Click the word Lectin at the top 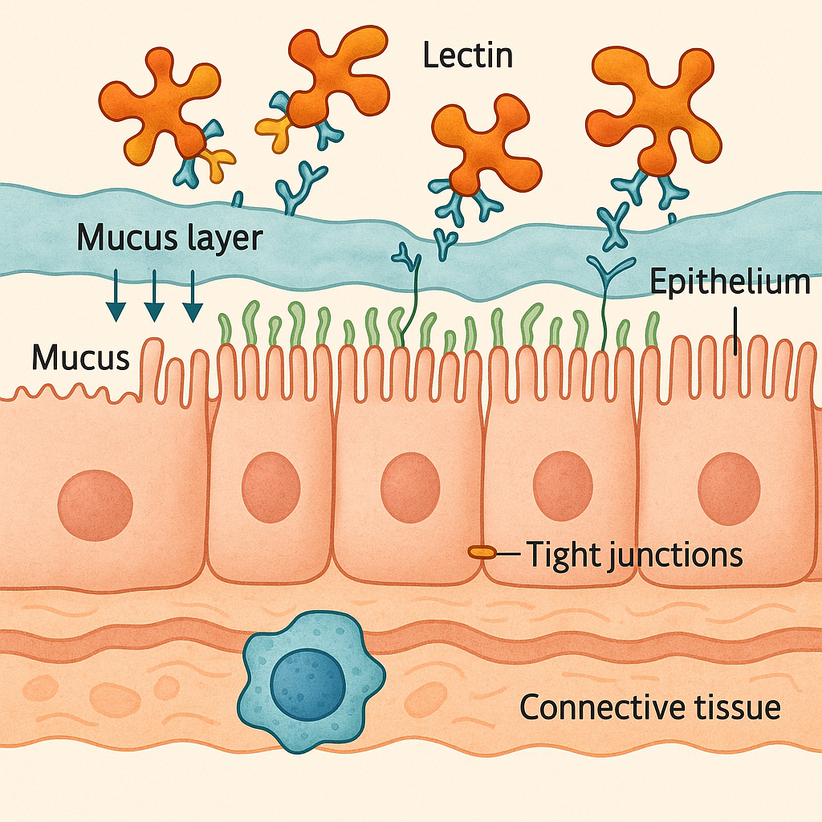click(x=467, y=56)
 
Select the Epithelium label click(x=729, y=283)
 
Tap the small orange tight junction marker click(x=482, y=552)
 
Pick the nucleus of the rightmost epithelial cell click(x=729, y=488)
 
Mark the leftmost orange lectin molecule click(x=161, y=104)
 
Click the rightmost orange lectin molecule click(x=654, y=108)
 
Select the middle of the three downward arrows click(x=154, y=297)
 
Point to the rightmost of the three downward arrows click(x=191, y=297)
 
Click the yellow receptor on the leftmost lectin click(x=218, y=162)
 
